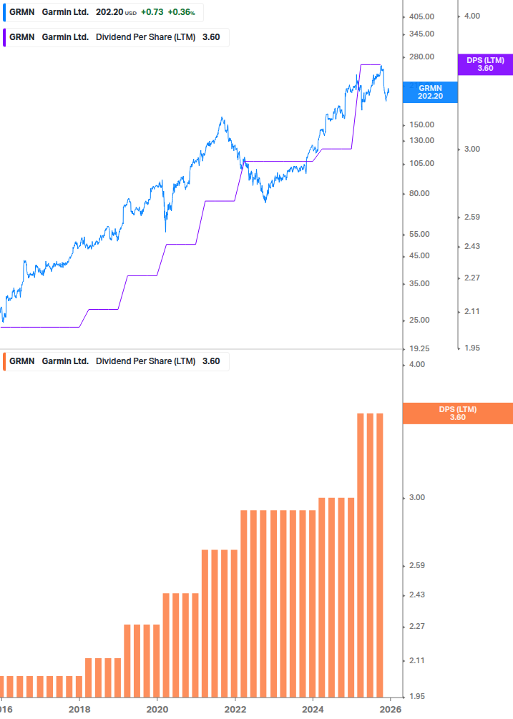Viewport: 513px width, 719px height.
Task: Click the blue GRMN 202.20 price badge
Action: (430, 92)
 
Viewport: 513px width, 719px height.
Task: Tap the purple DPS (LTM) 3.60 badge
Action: (485, 64)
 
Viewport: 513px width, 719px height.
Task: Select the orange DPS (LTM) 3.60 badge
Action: (458, 413)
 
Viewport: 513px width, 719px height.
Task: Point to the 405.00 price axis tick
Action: (421, 16)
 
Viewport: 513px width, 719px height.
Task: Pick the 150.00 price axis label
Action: (421, 124)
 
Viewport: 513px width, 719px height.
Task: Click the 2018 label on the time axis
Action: (79, 710)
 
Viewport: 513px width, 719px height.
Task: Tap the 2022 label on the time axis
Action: (235, 710)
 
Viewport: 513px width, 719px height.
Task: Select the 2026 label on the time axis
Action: (390, 710)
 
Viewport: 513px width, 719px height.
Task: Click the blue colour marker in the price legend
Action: (4, 12)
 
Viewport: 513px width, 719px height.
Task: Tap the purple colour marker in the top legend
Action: (4, 37)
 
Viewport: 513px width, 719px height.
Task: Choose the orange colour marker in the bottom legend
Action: (4, 361)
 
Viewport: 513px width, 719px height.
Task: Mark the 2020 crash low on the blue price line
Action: (166, 230)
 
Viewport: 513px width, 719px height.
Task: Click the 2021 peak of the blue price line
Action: (223, 118)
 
